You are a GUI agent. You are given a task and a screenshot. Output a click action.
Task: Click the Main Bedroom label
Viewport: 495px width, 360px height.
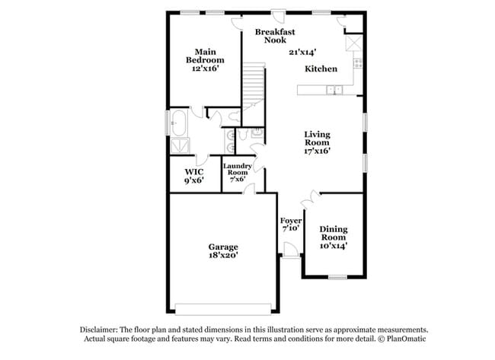tap(205, 56)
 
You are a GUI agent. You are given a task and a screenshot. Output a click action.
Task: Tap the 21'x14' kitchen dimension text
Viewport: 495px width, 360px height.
tap(302, 52)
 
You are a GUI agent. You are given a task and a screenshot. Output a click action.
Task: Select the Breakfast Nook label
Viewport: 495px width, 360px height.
tap(275, 36)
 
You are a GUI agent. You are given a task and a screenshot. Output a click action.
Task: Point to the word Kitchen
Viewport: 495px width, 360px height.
tap(321, 68)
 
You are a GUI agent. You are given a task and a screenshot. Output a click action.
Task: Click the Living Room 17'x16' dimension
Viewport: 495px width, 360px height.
tap(317, 151)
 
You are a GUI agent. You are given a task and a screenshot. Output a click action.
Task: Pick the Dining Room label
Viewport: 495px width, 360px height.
tap(334, 233)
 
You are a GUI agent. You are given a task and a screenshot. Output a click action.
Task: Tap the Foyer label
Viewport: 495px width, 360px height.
tap(291, 221)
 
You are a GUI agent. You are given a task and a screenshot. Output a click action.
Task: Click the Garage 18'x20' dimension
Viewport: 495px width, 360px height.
tap(223, 255)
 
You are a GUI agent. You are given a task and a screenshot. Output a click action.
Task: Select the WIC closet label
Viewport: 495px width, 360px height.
tap(194, 172)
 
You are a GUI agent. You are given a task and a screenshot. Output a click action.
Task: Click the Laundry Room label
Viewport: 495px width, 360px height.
tap(238, 169)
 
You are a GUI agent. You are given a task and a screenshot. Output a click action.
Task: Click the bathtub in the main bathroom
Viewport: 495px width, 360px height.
tap(179, 123)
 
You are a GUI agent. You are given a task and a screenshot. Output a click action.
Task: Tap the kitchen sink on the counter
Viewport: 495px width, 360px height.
tap(334, 91)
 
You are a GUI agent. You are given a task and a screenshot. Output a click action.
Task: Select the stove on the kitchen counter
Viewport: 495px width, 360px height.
tap(358, 63)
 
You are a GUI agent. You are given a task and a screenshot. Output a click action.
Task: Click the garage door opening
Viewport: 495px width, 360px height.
tap(223, 309)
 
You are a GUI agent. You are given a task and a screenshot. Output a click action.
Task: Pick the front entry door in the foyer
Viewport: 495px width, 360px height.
tap(290, 250)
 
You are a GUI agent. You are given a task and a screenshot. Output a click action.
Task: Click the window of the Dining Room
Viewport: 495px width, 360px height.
tap(337, 278)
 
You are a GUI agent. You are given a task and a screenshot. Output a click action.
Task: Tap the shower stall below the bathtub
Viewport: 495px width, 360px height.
tap(180, 146)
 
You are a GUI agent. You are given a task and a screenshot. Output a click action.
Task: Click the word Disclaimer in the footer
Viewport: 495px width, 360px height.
tap(99, 330)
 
